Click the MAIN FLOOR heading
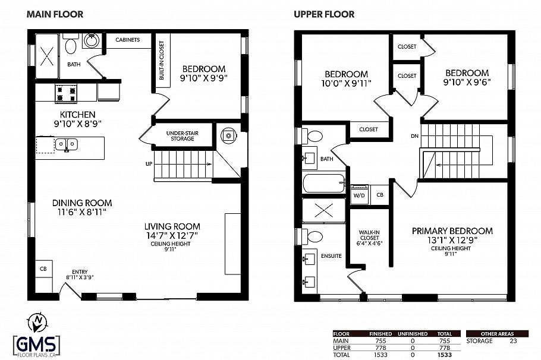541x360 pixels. tap(55, 14)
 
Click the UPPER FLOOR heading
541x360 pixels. tap(324, 14)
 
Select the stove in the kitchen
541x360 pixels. tap(67, 93)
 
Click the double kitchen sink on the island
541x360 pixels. tap(65, 144)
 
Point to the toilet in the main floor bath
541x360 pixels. tap(70, 46)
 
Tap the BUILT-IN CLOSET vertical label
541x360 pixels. tap(161, 61)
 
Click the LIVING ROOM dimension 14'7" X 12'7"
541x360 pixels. tap(172, 235)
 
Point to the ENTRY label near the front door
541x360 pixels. tap(80, 271)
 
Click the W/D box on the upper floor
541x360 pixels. tap(359, 195)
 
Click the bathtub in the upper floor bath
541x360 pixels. tap(323, 183)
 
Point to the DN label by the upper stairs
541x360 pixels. tap(414, 136)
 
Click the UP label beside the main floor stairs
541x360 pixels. tap(149, 163)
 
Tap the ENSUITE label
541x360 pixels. tap(332, 256)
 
